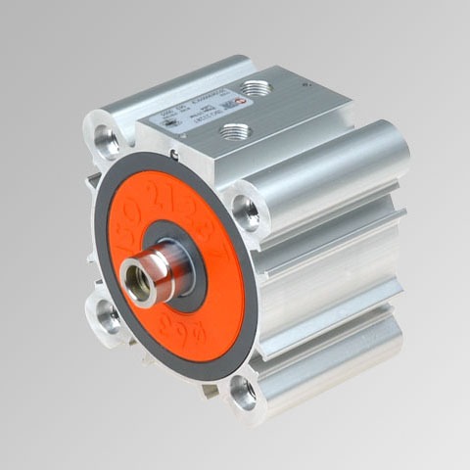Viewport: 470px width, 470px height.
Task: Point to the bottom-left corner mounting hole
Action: point(107,316)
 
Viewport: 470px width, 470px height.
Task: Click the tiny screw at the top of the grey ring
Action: point(173,153)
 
